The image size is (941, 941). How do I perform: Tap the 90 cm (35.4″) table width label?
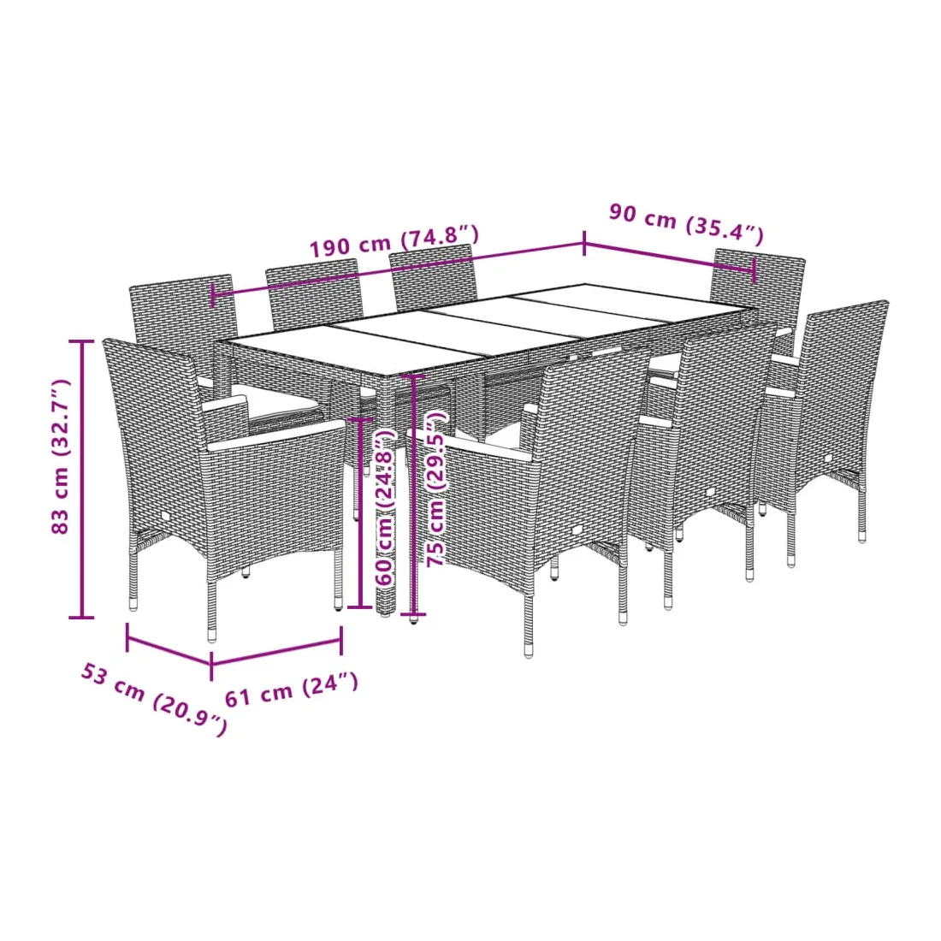click(687, 224)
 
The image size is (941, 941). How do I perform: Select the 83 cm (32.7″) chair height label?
click(61, 457)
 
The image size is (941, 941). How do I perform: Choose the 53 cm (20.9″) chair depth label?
click(154, 699)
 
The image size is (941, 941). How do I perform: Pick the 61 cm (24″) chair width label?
click(292, 690)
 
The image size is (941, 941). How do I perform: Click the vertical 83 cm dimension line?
click(81, 479)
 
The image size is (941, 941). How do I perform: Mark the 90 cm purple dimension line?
click(669, 257)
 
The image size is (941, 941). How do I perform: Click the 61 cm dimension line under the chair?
click(276, 653)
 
